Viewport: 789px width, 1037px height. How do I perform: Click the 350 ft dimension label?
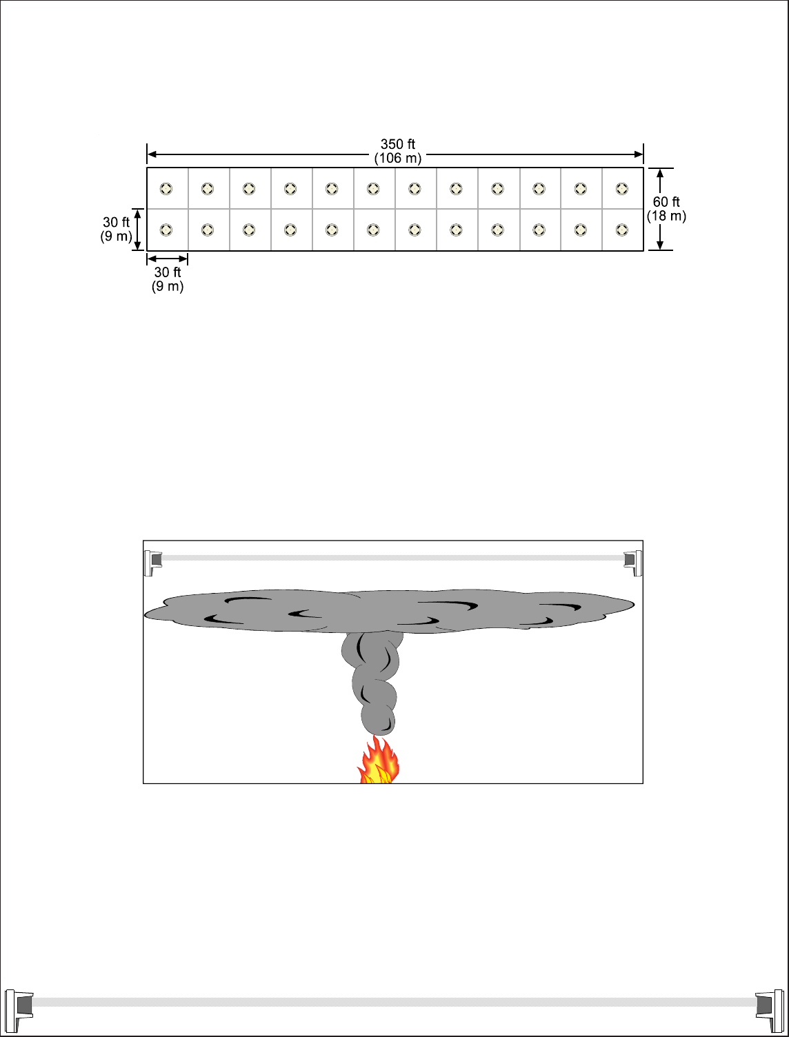click(397, 144)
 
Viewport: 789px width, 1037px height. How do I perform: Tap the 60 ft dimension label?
click(666, 202)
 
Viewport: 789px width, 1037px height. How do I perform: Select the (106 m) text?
click(398, 159)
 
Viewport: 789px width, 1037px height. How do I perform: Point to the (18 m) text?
click(666, 217)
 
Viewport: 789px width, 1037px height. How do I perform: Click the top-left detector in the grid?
click(166, 189)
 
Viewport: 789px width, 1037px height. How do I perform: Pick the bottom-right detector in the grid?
click(621, 230)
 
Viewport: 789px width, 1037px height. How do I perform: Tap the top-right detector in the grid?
click(621, 189)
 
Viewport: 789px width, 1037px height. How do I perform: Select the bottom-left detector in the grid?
click(166, 230)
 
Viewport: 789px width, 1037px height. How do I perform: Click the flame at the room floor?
click(377, 760)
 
